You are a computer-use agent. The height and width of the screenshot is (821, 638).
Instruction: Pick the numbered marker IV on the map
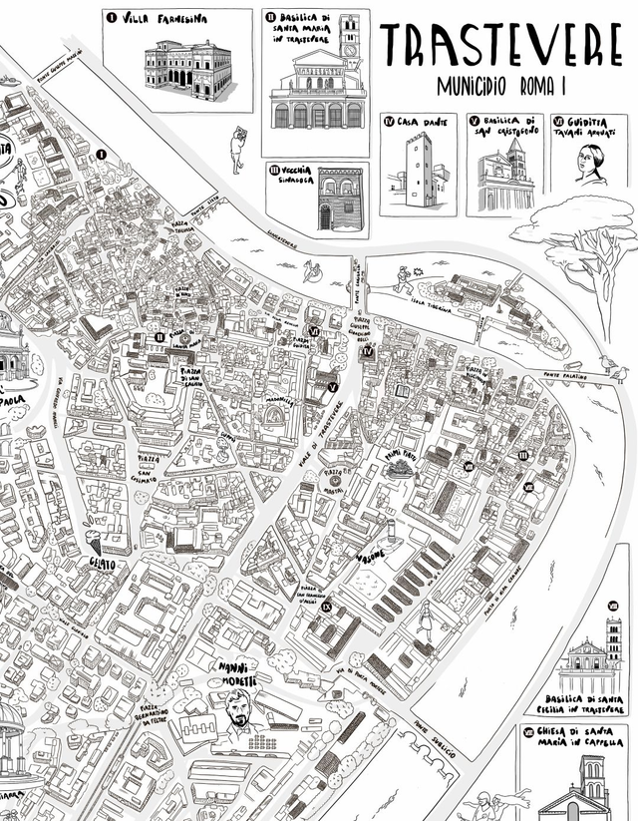coord(368,351)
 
